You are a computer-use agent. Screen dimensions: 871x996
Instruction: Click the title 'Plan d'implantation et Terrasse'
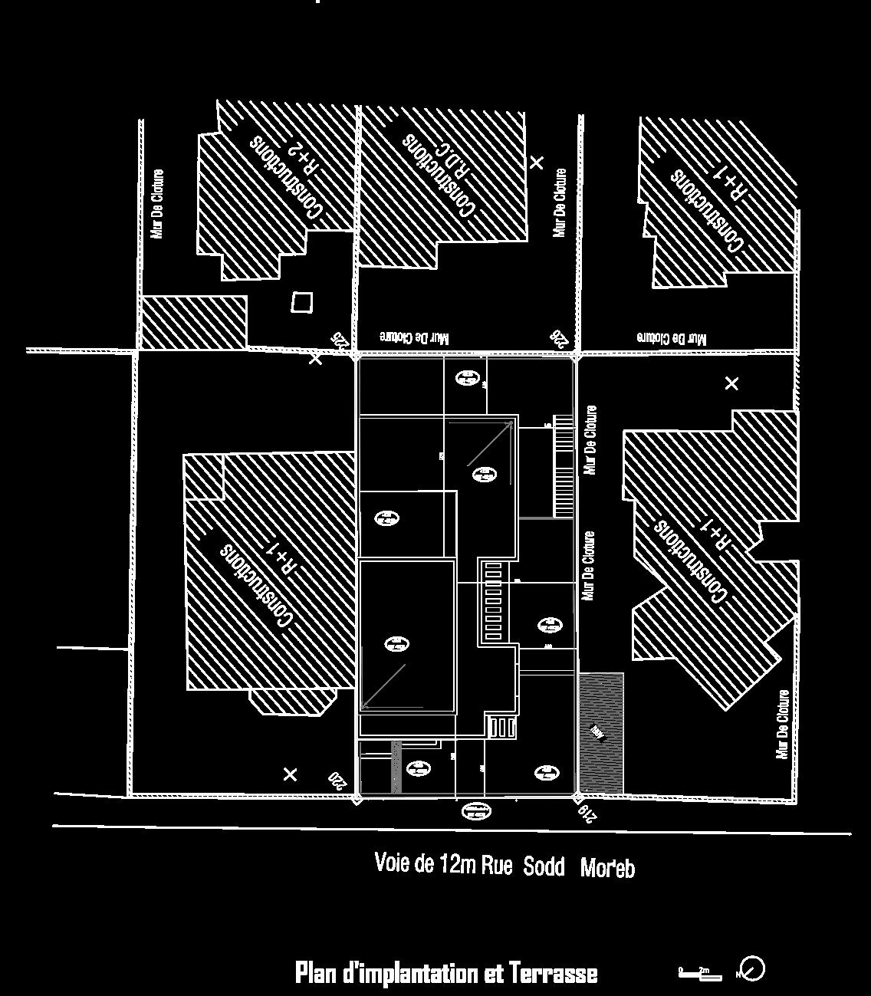[x=446, y=974]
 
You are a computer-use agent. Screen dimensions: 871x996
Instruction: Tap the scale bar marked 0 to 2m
[x=699, y=973]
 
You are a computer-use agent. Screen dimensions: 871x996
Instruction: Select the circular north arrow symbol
[x=753, y=968]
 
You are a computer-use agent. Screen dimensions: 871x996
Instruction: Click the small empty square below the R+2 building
[x=302, y=303]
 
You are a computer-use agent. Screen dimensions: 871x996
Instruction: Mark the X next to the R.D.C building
[x=537, y=163]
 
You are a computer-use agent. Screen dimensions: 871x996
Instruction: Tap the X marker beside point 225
[x=315, y=359]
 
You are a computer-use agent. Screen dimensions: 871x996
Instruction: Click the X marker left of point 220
[x=290, y=775]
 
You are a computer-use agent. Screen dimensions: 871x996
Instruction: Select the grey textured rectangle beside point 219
[x=600, y=733]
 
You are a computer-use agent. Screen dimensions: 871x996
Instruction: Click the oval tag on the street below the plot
[x=476, y=810]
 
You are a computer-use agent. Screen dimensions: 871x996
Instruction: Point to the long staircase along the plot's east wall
[x=564, y=466]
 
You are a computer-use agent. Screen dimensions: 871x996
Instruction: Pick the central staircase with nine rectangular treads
[x=491, y=602]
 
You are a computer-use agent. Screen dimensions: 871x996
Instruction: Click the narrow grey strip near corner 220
[x=396, y=767]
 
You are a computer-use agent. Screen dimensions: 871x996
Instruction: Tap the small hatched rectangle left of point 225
[x=194, y=323]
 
